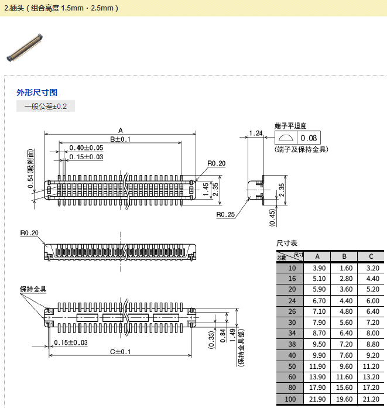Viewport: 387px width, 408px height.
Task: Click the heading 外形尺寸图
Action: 37,92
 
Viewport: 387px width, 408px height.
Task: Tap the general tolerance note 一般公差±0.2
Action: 46,107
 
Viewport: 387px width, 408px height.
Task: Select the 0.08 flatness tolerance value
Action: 310,138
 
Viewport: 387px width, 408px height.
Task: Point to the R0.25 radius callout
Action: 225,214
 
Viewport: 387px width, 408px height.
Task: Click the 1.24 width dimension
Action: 255,133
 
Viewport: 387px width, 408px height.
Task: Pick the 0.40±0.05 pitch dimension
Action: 86,148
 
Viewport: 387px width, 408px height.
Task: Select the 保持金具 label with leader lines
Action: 33,289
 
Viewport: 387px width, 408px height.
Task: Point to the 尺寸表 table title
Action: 287,243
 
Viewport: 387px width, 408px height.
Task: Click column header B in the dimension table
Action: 344,256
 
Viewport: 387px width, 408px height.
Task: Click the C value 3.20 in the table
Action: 371,268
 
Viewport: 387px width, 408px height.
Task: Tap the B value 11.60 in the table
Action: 344,377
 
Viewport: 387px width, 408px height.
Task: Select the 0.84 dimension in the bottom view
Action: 222,335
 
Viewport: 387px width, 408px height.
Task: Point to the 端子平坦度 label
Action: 290,126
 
